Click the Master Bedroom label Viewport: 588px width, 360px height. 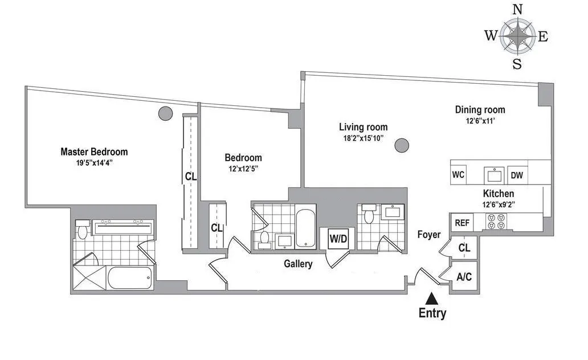94,152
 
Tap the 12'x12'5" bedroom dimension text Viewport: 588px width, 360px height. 243,169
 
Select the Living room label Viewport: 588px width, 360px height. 363,127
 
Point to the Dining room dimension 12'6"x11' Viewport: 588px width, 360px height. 479,121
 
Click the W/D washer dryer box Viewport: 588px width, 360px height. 333,238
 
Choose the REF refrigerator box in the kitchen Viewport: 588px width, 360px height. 462,223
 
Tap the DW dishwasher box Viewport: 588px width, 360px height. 517,175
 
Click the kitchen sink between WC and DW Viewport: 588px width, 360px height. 491,174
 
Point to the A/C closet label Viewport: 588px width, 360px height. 464,277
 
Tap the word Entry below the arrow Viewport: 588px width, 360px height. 432,313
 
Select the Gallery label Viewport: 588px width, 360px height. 299,264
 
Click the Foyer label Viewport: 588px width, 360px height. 428,234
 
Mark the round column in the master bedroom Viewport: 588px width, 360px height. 165,113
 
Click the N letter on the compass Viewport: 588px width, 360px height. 517,9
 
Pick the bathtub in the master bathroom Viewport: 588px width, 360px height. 130,279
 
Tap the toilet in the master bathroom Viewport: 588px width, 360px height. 83,230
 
